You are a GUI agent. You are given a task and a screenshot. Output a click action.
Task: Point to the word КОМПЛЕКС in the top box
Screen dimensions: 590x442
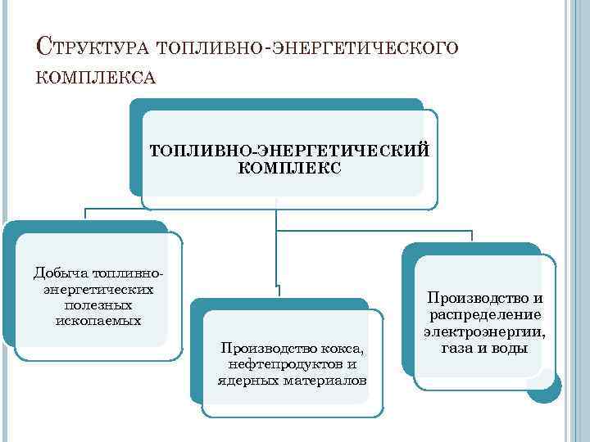click(x=287, y=168)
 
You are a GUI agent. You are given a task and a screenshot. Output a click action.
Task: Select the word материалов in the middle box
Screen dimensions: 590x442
click(x=324, y=381)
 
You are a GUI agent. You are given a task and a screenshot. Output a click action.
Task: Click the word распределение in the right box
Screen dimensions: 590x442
click(x=483, y=315)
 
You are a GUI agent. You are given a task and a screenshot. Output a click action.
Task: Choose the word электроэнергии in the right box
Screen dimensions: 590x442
click(x=484, y=331)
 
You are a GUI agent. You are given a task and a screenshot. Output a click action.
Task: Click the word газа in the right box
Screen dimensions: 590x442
click(x=458, y=348)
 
